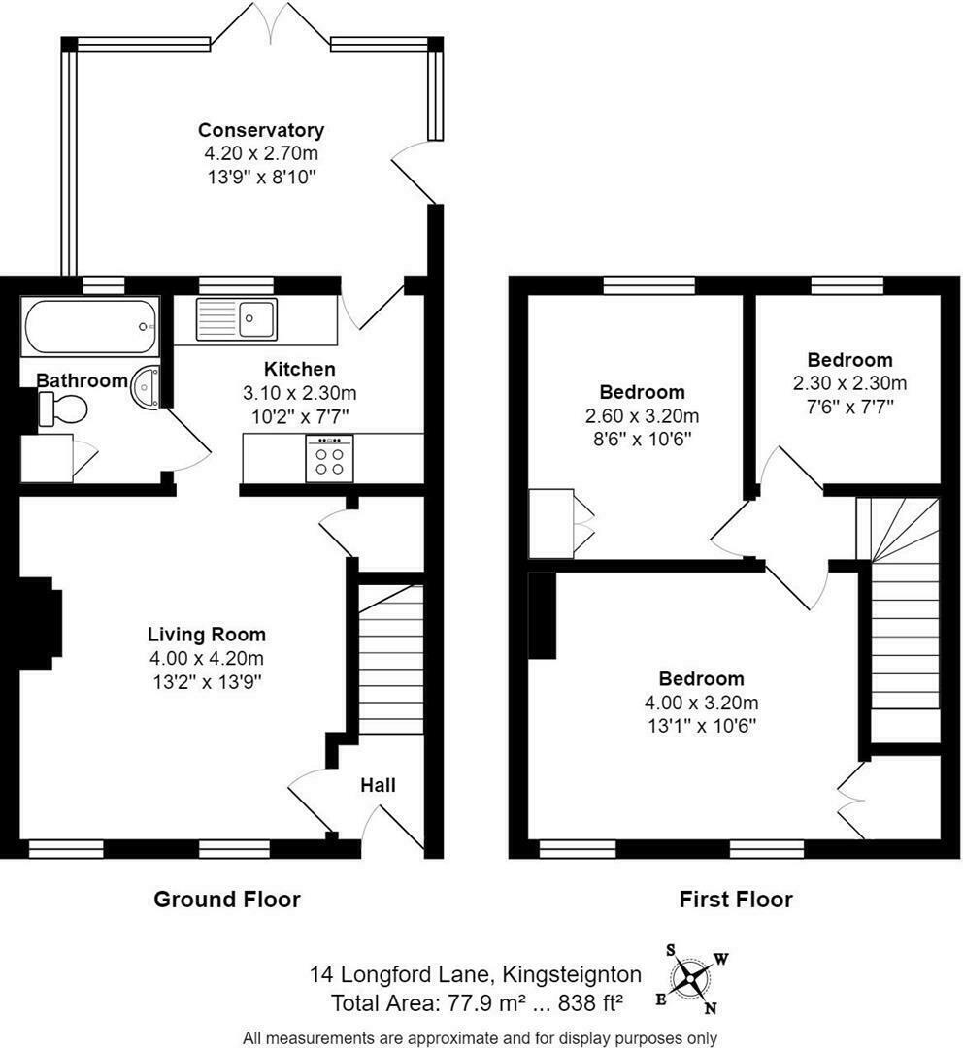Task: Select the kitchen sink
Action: (237, 318)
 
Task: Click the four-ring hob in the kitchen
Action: (329, 458)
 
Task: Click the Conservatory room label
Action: (260, 130)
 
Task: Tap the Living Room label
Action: (206, 636)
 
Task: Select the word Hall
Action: (378, 785)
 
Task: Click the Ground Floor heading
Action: (227, 900)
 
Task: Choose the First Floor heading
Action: (735, 900)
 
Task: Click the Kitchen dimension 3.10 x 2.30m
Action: (300, 393)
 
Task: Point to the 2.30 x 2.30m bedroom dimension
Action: (849, 383)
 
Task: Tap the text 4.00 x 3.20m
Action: (701, 703)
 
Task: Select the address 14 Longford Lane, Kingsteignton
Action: (475, 973)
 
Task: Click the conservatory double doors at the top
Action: (271, 21)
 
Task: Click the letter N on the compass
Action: (711, 1007)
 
